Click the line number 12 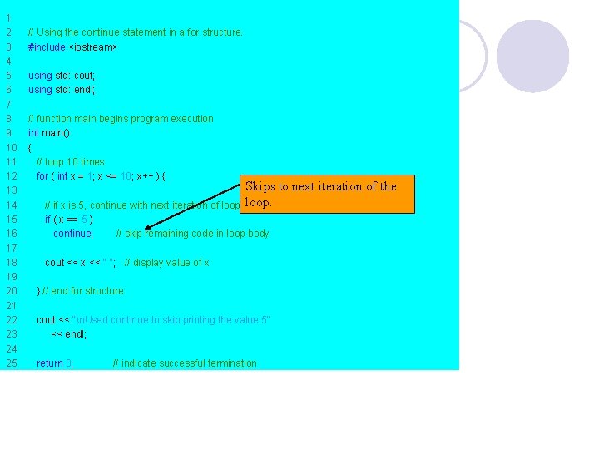pos(12,176)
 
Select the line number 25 pos(12,363)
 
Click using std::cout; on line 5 pos(62,76)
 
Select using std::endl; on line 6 pos(62,90)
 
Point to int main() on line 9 pos(49,133)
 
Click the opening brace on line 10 pos(30,148)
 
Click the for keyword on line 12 pos(42,176)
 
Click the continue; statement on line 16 pos(73,234)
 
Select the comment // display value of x pos(166,263)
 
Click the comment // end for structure pos(82,291)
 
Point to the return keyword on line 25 pos(50,363)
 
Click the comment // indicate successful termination pos(185,363)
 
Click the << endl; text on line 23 pos(68,334)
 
